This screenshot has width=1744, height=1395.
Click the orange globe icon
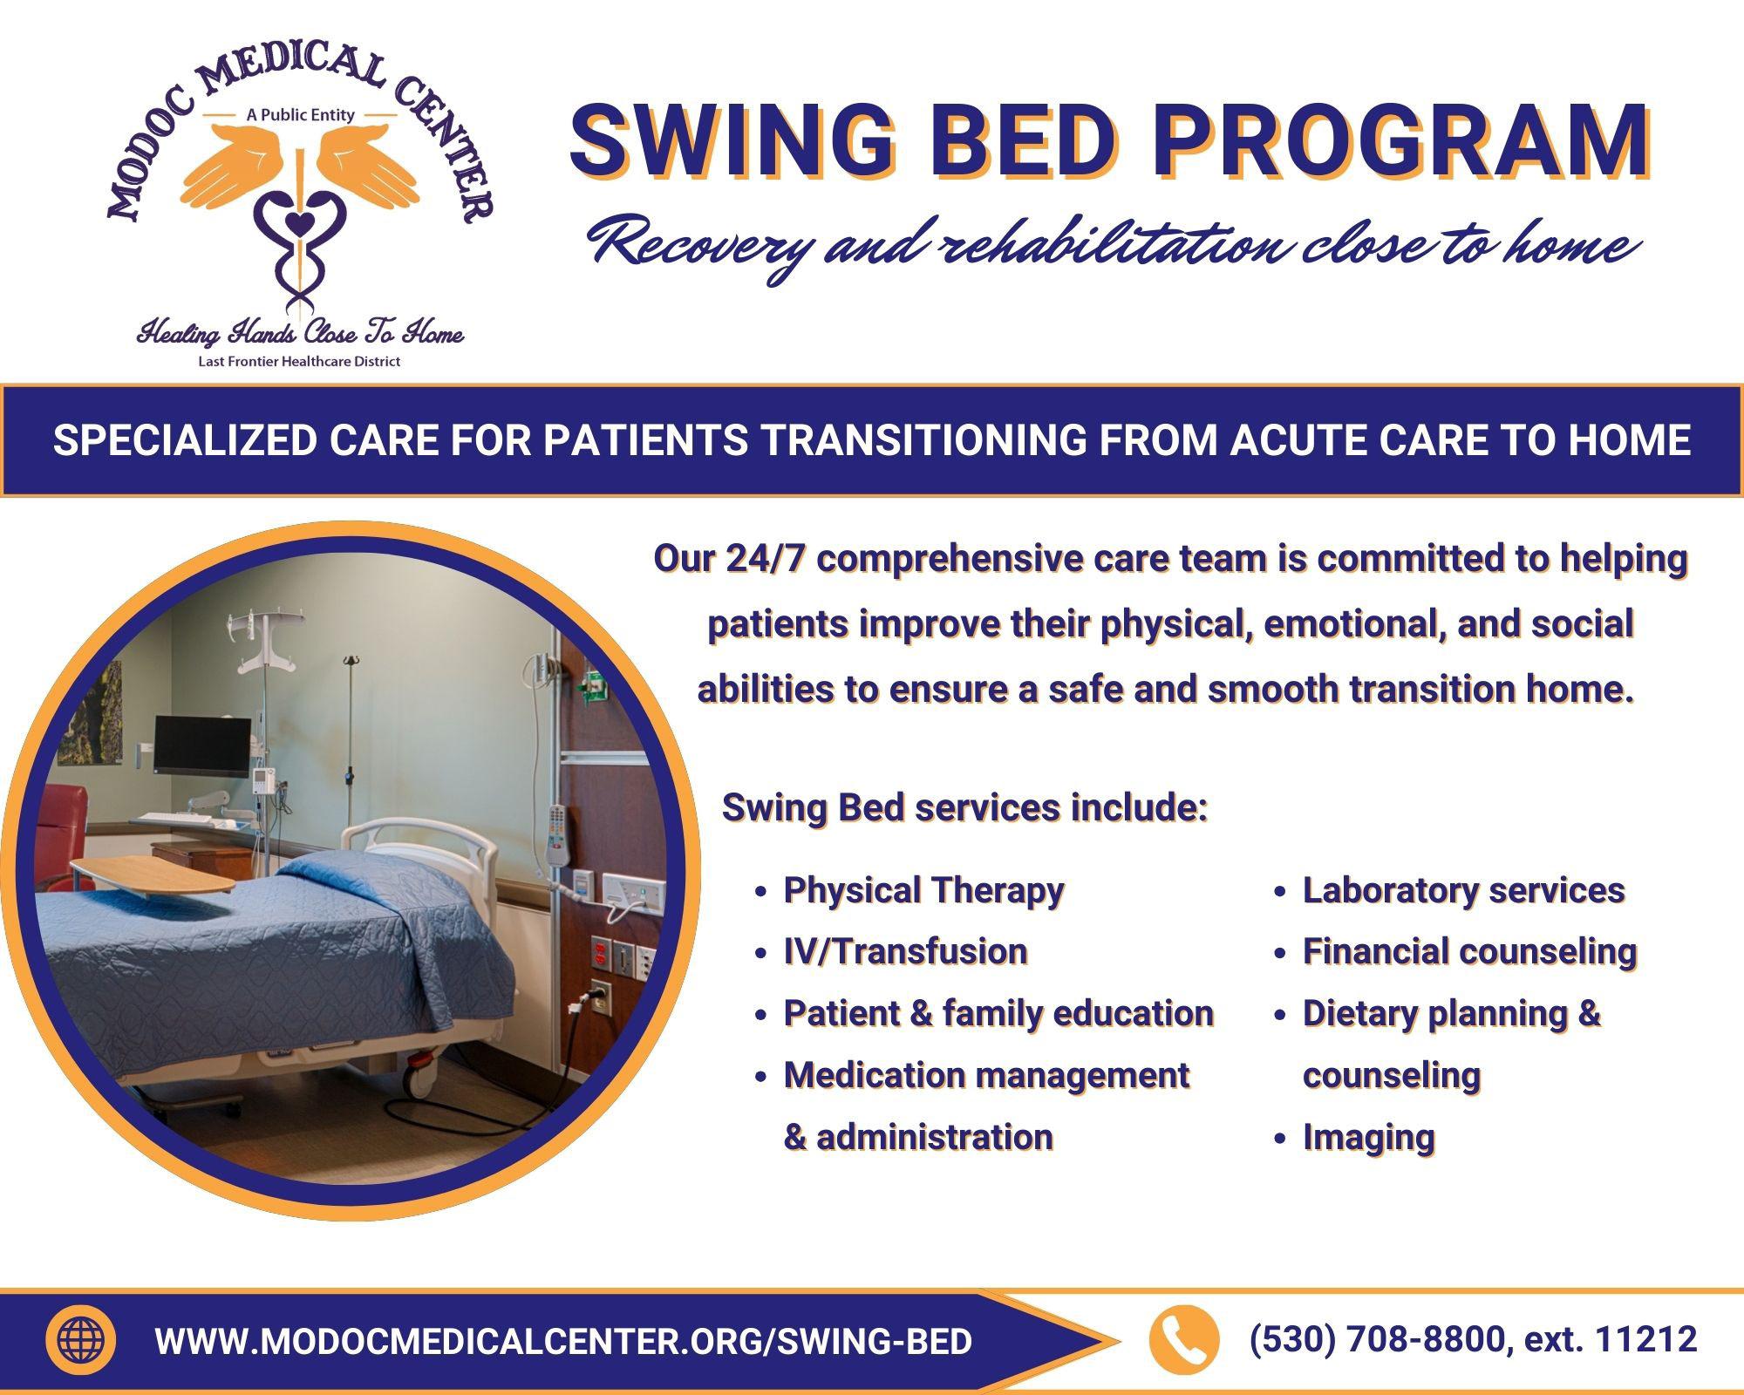(80, 1340)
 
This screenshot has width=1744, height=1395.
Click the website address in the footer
(563, 1341)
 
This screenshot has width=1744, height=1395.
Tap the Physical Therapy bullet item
(923, 890)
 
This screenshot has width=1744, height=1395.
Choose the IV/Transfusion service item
(905, 951)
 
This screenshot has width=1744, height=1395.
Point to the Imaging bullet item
(1368, 1138)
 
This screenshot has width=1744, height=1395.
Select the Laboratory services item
(1463, 890)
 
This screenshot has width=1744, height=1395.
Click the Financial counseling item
(1469, 951)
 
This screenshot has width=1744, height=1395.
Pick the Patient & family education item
(998, 1013)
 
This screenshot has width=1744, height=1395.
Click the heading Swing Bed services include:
(964, 807)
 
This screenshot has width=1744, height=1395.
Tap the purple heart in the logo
(298, 224)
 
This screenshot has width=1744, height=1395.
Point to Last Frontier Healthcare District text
(299, 361)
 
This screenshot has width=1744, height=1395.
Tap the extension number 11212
(1645, 1339)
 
